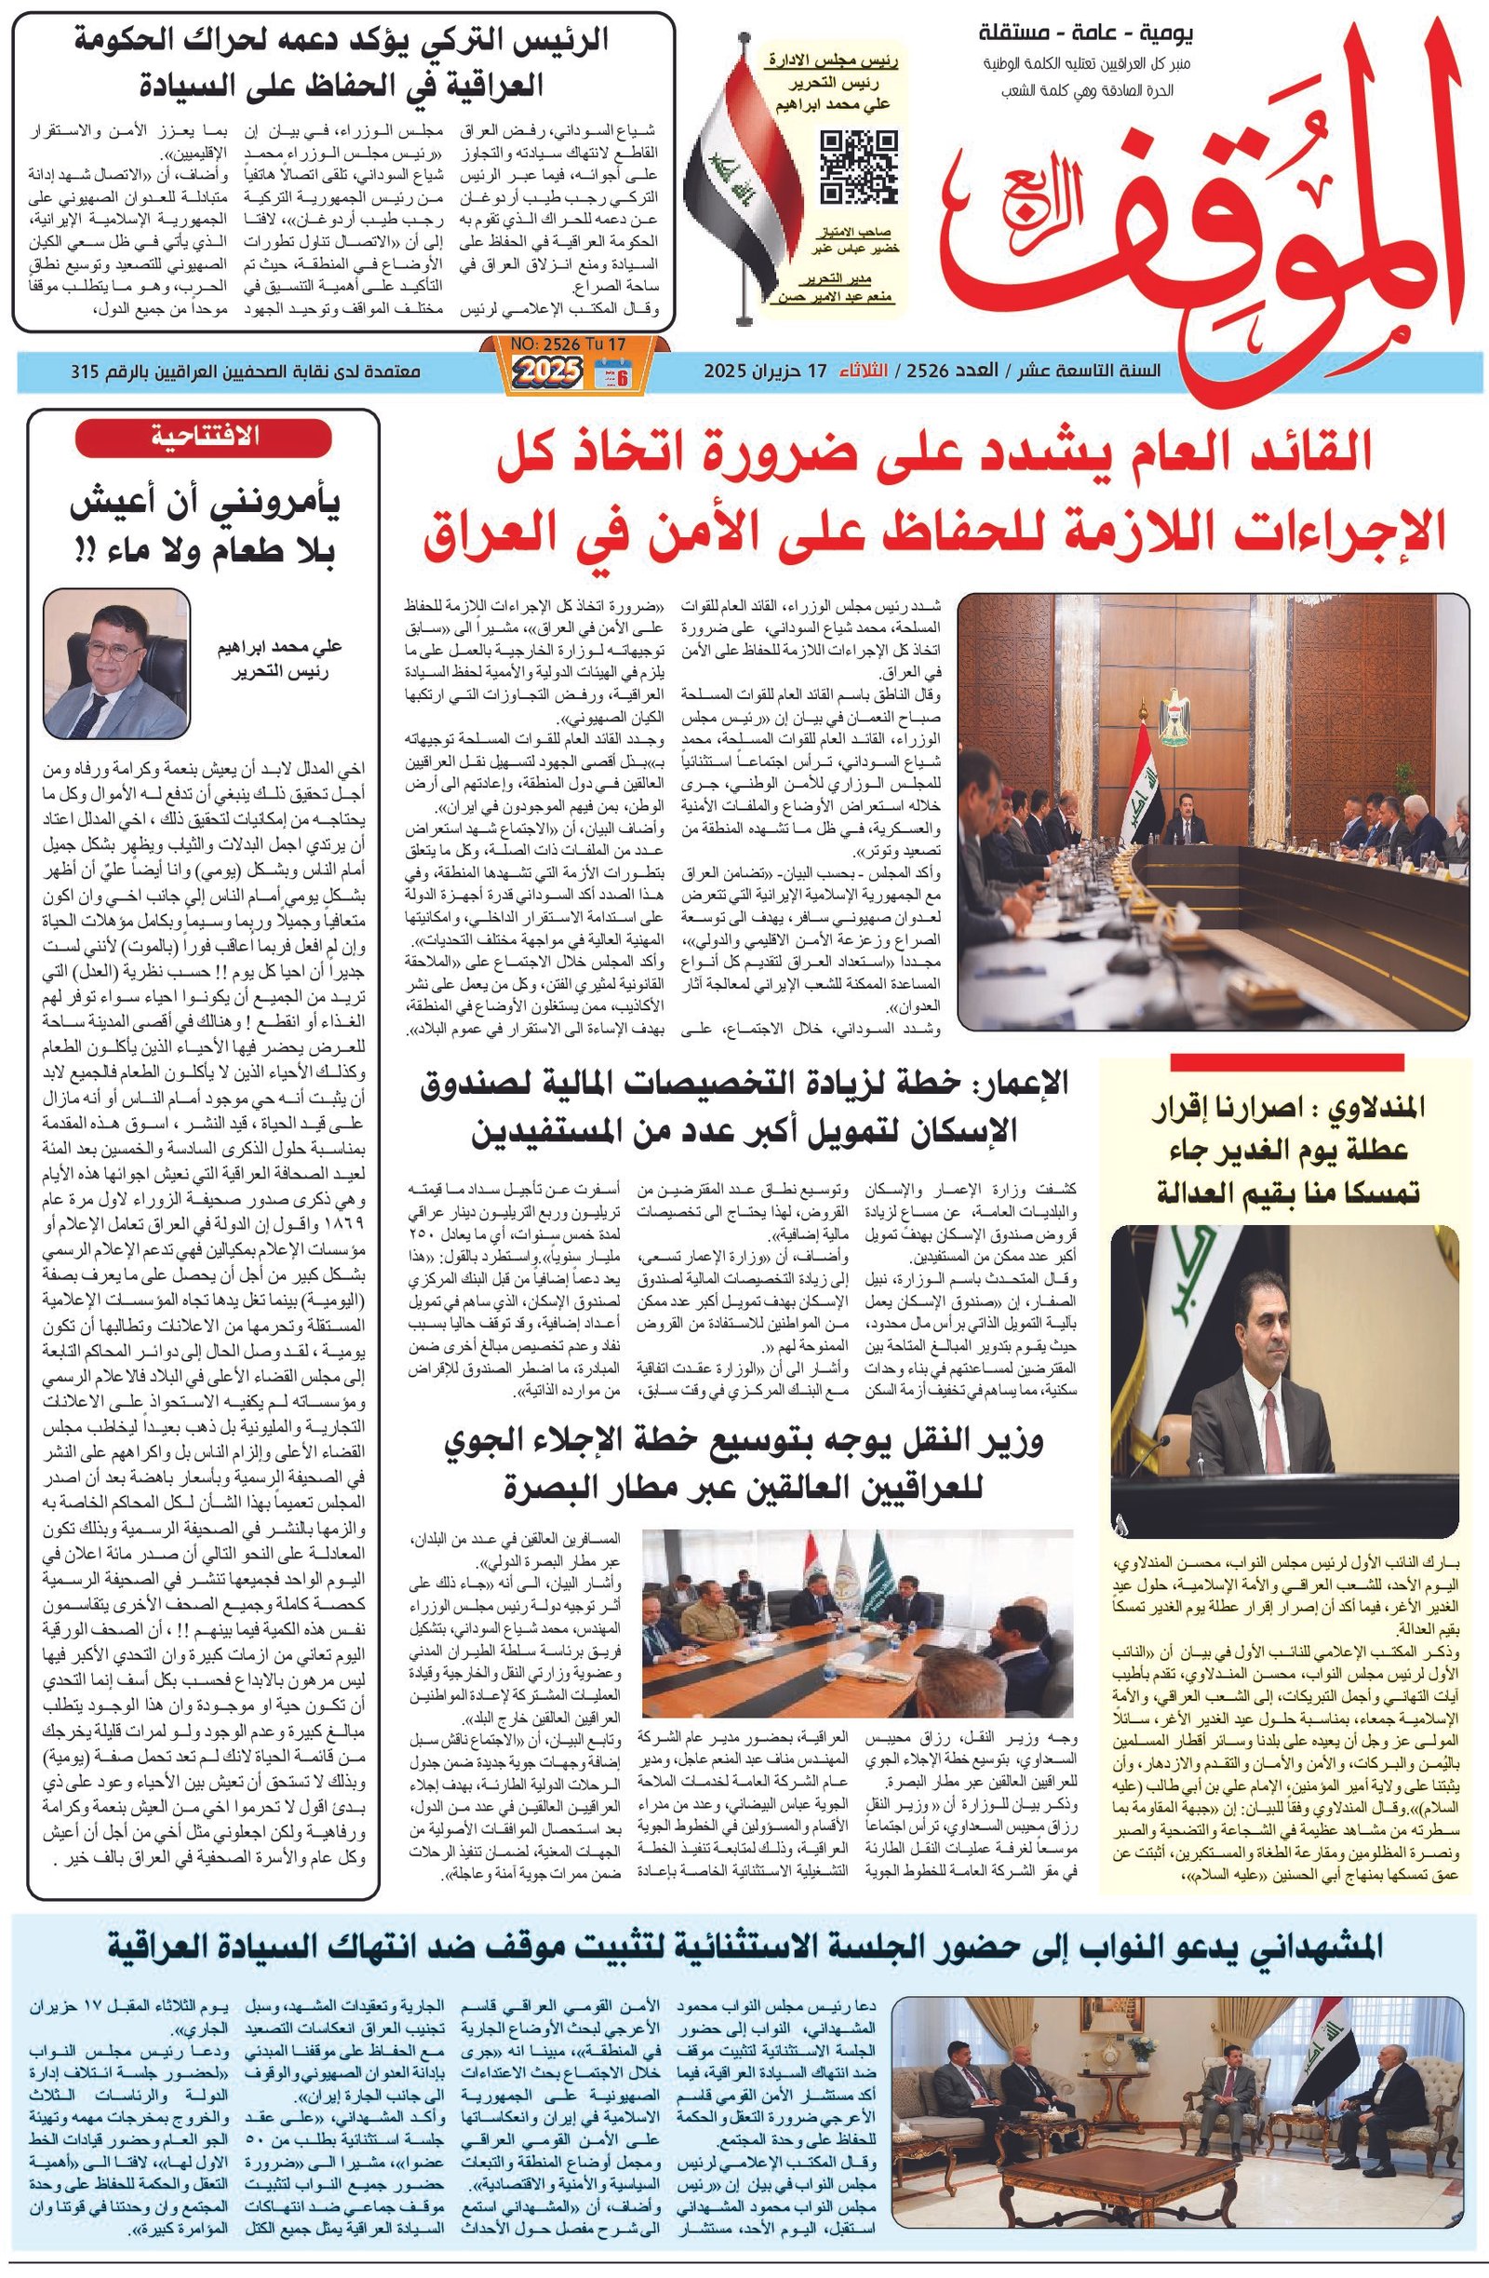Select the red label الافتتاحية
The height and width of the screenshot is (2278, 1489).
pos(203,437)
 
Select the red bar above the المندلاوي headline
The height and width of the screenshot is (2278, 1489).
pos(1286,1061)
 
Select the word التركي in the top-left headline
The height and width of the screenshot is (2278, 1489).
pos(478,42)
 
